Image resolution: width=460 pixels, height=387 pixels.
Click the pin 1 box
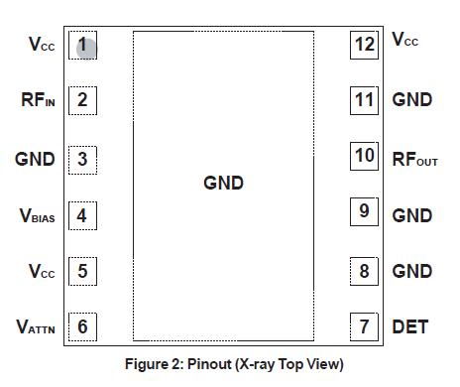(x=82, y=45)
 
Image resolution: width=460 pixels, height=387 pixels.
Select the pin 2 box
(x=82, y=99)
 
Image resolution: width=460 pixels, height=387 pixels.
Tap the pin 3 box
(x=82, y=158)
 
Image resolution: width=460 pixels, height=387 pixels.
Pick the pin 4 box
(x=82, y=214)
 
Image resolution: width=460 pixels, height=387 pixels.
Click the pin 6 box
(x=82, y=325)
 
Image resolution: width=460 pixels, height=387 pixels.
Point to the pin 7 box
(x=365, y=325)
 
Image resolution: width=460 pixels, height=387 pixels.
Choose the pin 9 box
(x=365, y=211)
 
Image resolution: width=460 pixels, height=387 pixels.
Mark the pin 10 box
(x=365, y=157)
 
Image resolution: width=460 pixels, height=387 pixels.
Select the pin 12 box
(x=365, y=44)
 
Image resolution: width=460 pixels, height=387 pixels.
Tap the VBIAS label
(x=36, y=215)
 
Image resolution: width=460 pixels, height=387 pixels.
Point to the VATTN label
(x=36, y=326)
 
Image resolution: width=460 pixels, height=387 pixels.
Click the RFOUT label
(x=414, y=158)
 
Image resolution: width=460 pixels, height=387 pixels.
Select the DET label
(x=409, y=326)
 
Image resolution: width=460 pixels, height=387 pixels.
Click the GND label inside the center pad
(x=223, y=184)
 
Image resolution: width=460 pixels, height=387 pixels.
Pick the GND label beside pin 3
(x=36, y=159)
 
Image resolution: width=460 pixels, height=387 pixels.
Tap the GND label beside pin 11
(x=411, y=100)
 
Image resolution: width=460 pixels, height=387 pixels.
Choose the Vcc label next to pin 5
(x=40, y=271)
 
